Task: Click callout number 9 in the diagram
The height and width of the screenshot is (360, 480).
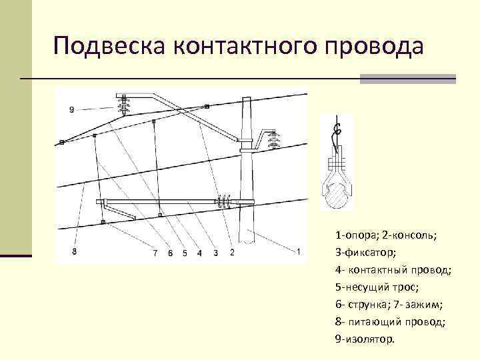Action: click(x=71, y=109)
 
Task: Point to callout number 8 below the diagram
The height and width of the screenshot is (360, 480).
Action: click(x=73, y=252)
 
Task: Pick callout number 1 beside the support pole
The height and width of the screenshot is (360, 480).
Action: click(x=299, y=251)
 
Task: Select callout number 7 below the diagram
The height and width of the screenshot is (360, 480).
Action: click(x=155, y=253)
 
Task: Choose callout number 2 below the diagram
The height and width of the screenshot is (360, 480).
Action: click(x=231, y=253)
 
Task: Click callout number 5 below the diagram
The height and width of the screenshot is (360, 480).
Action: click(x=185, y=253)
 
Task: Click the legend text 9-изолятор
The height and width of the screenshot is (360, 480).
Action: click(x=365, y=339)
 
